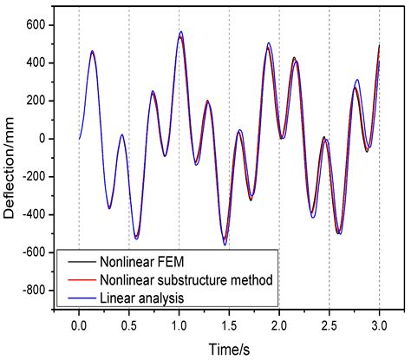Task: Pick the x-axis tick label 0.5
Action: [129, 327]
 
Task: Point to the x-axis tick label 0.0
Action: [79, 327]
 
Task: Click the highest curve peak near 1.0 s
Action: [180, 32]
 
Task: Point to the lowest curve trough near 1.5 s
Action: [225, 244]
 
